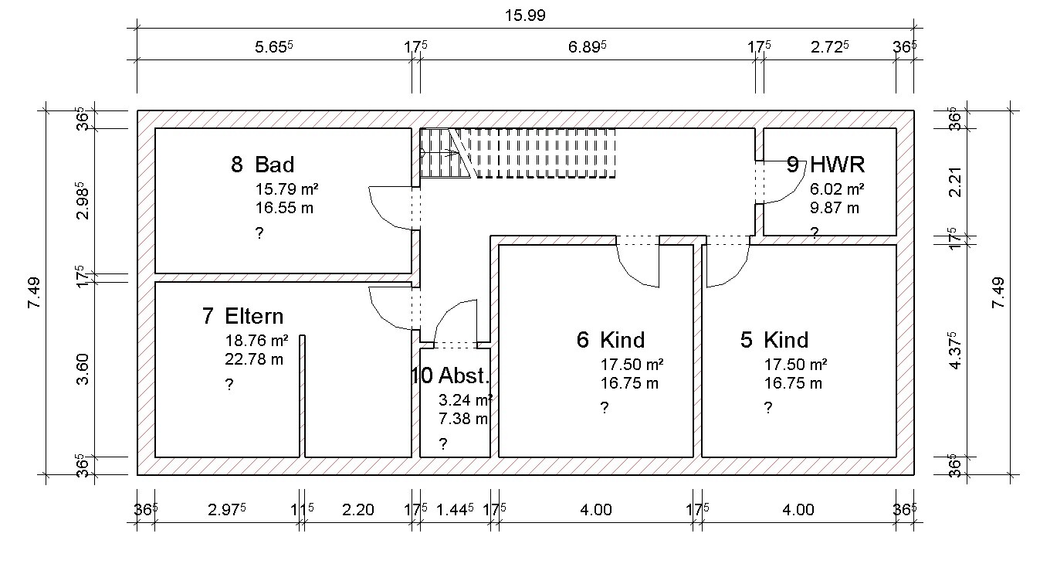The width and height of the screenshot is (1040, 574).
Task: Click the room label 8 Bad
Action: click(x=263, y=165)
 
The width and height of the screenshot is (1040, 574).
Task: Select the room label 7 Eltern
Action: click(x=242, y=316)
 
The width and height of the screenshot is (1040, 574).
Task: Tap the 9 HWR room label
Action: click(x=825, y=165)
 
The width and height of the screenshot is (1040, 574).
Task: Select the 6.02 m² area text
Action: click(x=837, y=189)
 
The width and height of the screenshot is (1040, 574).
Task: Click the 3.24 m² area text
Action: click(x=466, y=400)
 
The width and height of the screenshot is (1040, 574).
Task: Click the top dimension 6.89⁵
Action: click(x=587, y=47)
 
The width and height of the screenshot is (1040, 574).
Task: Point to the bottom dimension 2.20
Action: click(x=357, y=510)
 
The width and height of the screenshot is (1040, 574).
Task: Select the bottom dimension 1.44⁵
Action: click(x=455, y=510)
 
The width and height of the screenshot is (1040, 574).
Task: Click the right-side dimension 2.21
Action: click(x=955, y=182)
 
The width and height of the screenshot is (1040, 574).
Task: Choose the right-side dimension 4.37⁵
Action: click(x=955, y=351)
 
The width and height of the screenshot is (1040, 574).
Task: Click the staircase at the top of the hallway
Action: click(x=517, y=153)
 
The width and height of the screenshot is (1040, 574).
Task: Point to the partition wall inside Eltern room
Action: click(x=302, y=396)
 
